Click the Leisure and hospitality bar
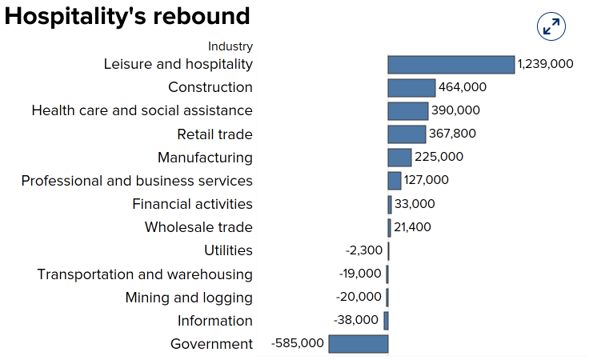(x=451, y=65)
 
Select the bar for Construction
(x=411, y=88)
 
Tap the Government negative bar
(x=359, y=344)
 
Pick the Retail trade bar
(x=407, y=134)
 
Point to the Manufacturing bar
(x=399, y=158)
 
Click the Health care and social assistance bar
(x=408, y=111)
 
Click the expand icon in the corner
(x=551, y=27)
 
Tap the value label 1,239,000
(x=545, y=64)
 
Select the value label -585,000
(x=298, y=343)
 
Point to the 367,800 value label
(x=452, y=134)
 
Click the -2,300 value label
(x=364, y=250)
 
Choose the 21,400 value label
(x=412, y=227)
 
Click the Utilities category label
(x=228, y=250)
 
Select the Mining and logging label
(x=189, y=298)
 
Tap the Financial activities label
(x=192, y=204)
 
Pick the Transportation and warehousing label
(x=145, y=274)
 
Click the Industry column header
(x=230, y=46)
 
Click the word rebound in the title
(x=202, y=16)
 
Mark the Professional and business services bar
(x=395, y=181)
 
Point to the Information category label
(x=214, y=321)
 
